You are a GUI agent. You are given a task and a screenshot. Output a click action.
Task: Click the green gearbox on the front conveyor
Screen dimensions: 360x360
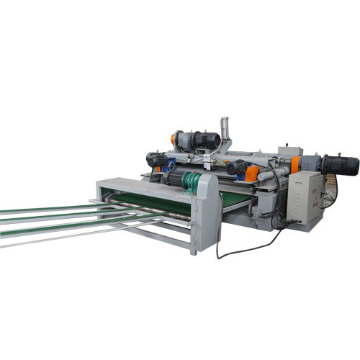coord(192,183)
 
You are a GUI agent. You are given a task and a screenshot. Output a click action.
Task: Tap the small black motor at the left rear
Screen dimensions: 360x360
coord(156,159)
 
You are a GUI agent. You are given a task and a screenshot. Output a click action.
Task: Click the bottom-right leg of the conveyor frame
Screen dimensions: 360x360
coord(193,249)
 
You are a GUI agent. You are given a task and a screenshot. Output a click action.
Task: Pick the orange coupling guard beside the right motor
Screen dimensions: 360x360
coord(294,164)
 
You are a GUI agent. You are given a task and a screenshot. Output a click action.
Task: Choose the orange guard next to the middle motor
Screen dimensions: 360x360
coord(252,174)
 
